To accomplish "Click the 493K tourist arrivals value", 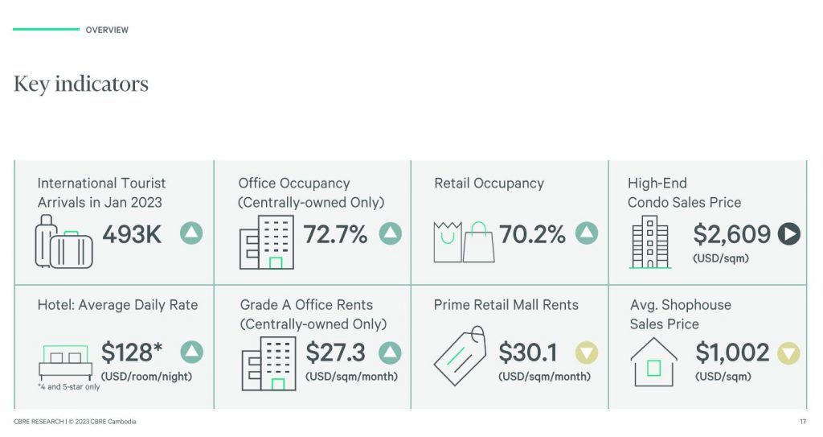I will [132, 234].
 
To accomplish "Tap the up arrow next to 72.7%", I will [390, 234].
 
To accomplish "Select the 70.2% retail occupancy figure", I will [532, 234].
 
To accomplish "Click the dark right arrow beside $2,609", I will [788, 234].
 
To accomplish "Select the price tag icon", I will [460, 355].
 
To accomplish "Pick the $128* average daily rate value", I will [132, 352].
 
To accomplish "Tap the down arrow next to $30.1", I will [587, 352].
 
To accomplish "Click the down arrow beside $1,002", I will [788, 352].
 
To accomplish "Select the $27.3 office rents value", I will [335, 352].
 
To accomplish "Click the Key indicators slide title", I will [81, 84].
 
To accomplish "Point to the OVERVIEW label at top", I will [107, 30].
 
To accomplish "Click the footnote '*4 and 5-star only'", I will [68, 387].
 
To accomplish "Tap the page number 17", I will [803, 422].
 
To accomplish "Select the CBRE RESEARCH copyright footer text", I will [73, 422].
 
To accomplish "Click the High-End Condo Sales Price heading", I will [684, 192].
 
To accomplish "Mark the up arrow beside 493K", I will [191, 234].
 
